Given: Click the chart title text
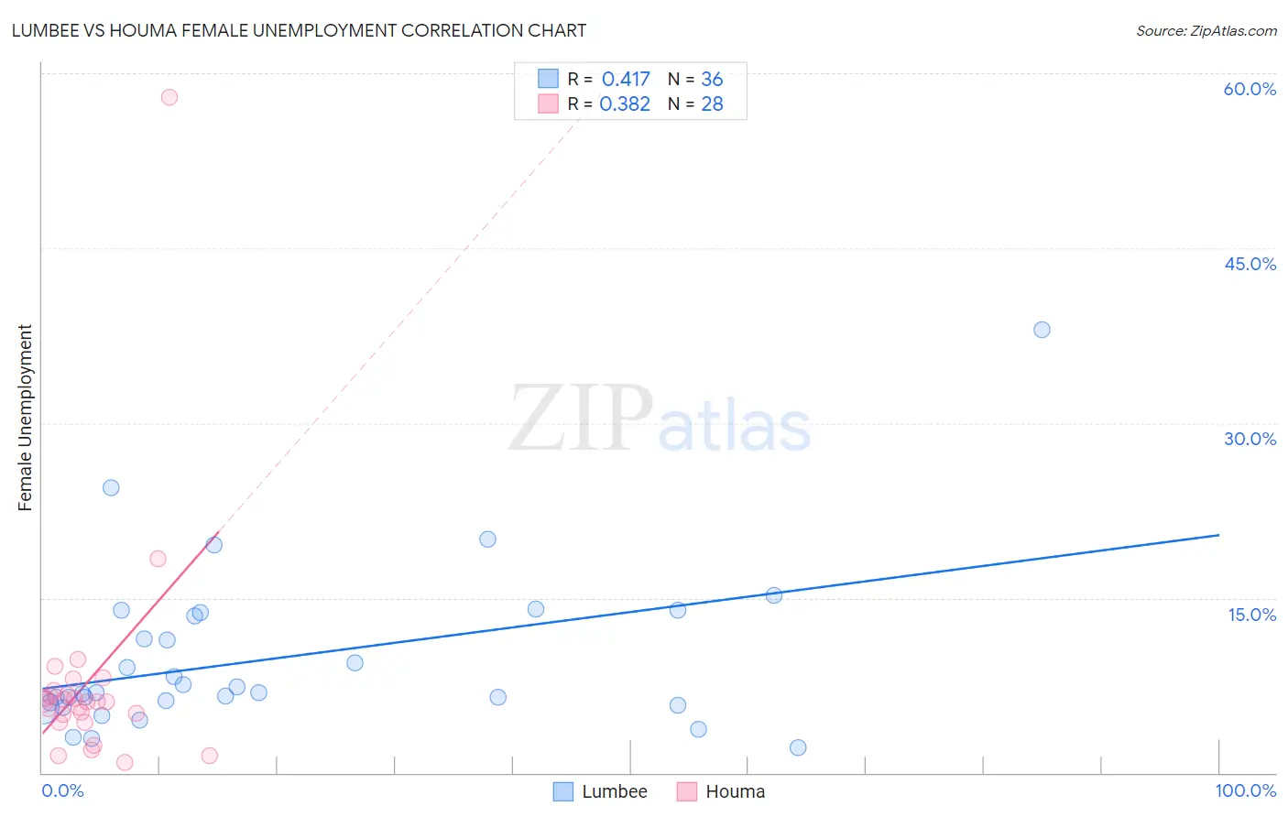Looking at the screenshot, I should (x=299, y=30).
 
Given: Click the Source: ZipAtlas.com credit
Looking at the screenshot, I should (x=1206, y=30).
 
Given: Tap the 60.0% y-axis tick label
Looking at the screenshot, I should (x=1250, y=89).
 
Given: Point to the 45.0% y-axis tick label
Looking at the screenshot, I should (x=1250, y=264).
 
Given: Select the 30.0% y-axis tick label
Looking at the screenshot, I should (x=1250, y=439).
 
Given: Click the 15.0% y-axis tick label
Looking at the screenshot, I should (x=1251, y=615).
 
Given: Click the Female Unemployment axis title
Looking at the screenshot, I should (x=25, y=418).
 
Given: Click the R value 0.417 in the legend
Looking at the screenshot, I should (x=626, y=80).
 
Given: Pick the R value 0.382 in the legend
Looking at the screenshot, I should (x=625, y=104).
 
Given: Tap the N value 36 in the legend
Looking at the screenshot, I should (x=712, y=80).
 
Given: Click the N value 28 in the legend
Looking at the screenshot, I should (x=712, y=104).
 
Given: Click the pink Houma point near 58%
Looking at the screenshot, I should (x=169, y=97).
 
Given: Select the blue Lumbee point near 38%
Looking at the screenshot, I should (x=1042, y=330).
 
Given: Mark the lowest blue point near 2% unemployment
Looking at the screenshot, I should (x=798, y=747).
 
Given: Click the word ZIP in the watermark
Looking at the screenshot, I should (x=581, y=419).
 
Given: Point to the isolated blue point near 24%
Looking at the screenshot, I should (x=111, y=487).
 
